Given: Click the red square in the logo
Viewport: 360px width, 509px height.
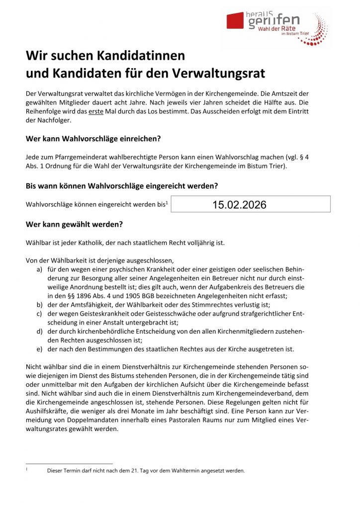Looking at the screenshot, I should (235, 20).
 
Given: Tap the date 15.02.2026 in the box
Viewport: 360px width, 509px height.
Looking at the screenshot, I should (239, 205).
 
